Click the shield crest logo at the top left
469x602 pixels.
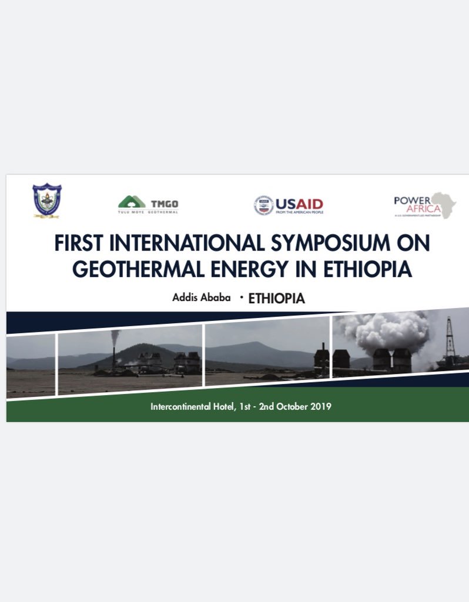click(47, 200)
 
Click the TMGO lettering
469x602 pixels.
click(164, 203)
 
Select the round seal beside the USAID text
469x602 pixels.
click(264, 205)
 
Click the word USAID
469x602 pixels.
click(300, 204)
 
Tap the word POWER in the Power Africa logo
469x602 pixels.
click(408, 200)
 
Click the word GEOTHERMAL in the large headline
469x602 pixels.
click(143, 269)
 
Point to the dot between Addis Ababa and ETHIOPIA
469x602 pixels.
click(241, 297)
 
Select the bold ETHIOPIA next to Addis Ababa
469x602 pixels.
click(276, 298)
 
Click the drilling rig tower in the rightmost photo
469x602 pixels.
click(450, 337)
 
